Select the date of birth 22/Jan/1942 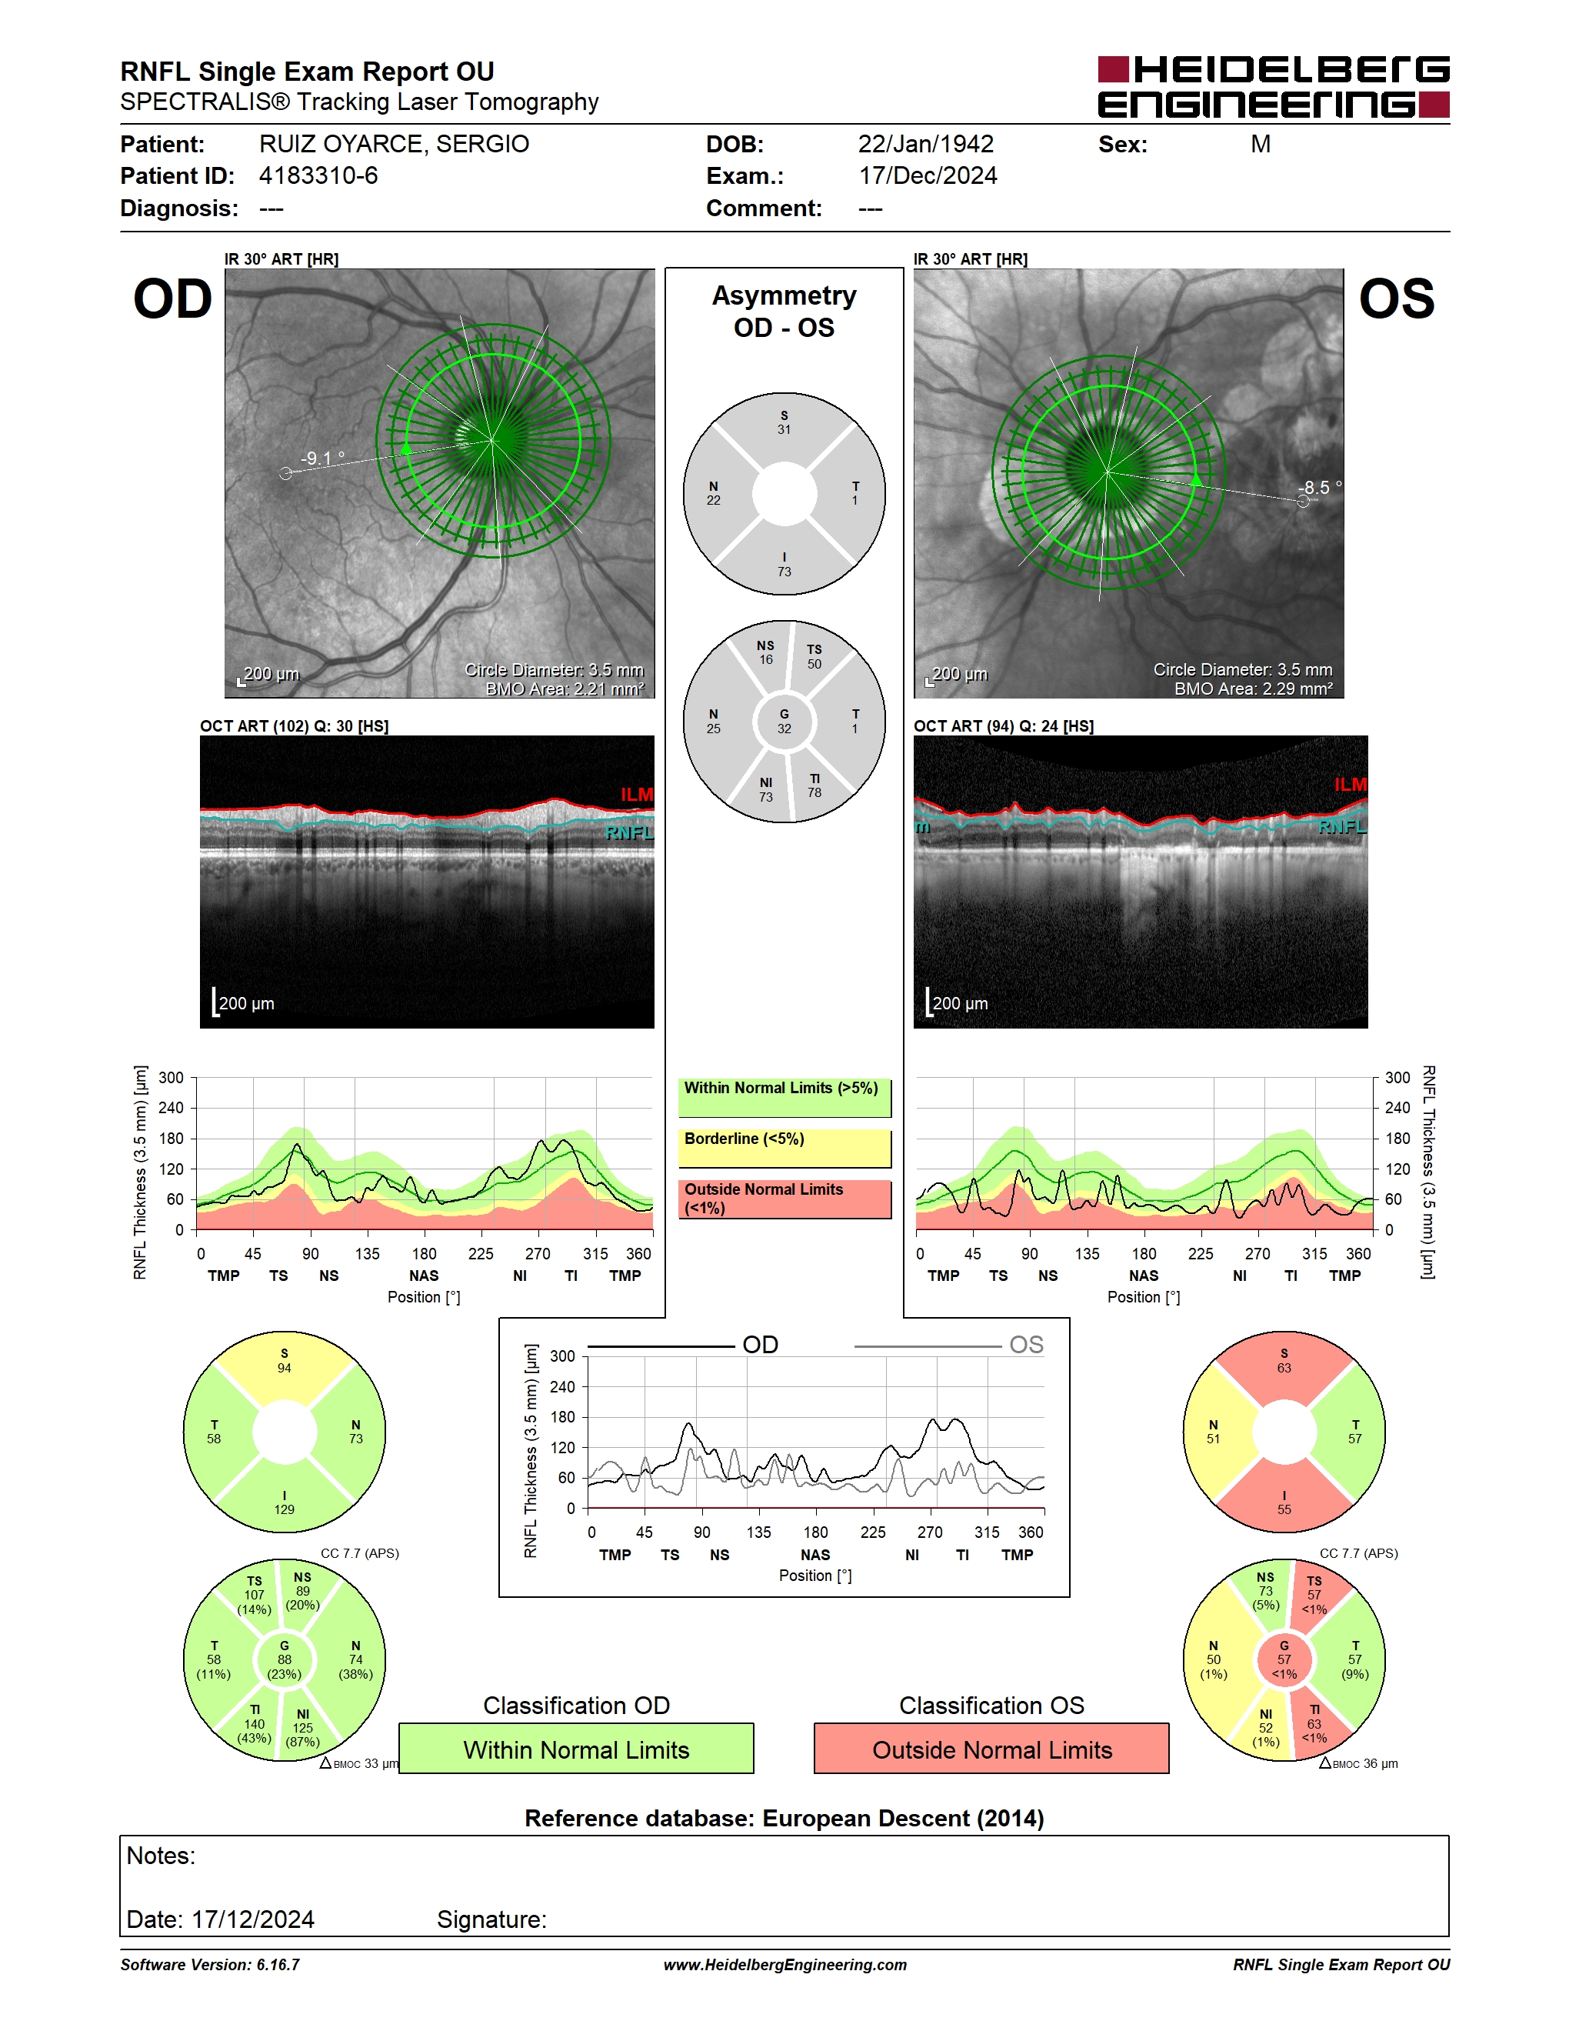click(x=926, y=144)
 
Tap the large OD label click(x=173, y=298)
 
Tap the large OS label click(x=1396, y=298)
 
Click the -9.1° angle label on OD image click(x=322, y=458)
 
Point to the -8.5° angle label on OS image click(x=1320, y=487)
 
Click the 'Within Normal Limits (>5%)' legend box click(x=784, y=1097)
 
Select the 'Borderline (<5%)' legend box click(x=784, y=1149)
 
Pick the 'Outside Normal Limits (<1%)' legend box click(x=784, y=1199)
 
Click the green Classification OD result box click(x=576, y=1749)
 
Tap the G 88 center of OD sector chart click(x=285, y=1660)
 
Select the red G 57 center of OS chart click(x=1284, y=1660)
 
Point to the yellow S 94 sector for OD click(x=285, y=1367)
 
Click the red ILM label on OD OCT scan click(x=637, y=794)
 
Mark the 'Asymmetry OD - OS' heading click(x=784, y=312)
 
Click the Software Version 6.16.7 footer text click(x=210, y=1965)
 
